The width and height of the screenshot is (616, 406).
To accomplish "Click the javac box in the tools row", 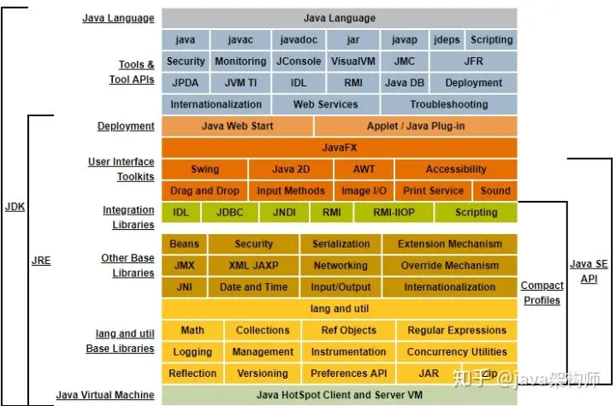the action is (240, 39).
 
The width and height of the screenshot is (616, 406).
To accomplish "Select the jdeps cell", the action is (446, 39).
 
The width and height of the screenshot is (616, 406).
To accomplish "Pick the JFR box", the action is (473, 62).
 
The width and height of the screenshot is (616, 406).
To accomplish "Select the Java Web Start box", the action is (237, 127).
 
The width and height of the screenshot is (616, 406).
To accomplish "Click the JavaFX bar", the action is (339, 148).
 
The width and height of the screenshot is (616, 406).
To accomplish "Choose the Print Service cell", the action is (433, 191).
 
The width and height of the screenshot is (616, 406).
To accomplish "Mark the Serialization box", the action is (341, 244).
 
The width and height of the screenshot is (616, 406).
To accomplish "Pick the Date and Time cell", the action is (253, 287).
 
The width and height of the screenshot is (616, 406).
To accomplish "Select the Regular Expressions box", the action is (456, 330).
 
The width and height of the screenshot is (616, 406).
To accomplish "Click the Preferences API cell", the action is (348, 374).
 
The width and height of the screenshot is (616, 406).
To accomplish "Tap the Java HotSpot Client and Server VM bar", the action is (339, 395).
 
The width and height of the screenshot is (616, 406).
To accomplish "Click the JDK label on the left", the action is (15, 208).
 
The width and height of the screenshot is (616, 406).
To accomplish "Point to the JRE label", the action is (41, 260).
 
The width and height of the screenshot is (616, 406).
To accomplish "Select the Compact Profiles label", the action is (542, 292).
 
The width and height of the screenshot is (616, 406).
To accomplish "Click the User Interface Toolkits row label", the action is (121, 169).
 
